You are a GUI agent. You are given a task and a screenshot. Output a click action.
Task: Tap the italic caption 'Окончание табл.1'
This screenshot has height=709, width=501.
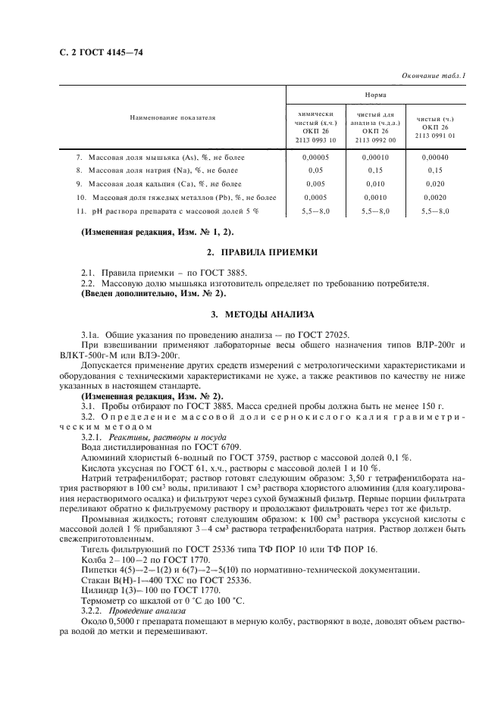coord(431,75)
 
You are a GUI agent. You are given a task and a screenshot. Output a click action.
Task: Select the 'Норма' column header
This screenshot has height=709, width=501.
coord(374,95)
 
